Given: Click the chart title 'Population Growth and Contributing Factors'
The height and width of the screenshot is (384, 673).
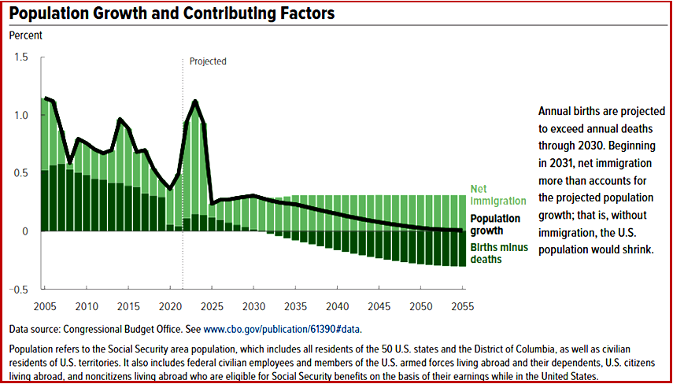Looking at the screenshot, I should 172,13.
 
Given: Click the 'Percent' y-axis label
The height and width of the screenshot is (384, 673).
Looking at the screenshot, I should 26,35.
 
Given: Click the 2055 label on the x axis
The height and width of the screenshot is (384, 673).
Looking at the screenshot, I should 463,305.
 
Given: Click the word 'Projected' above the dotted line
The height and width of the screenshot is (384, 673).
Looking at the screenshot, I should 208,61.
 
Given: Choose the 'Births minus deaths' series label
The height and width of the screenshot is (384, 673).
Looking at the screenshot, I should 496,253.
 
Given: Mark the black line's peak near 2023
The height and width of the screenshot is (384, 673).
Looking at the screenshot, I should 194,102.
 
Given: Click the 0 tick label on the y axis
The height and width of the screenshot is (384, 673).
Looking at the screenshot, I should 24,231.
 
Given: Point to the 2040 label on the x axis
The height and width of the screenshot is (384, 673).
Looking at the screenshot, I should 336,305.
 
